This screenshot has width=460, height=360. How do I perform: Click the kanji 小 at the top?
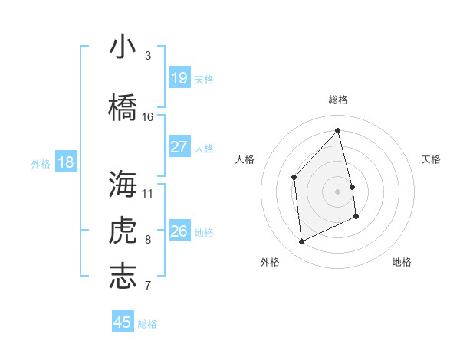pyautogui.click(x=123, y=47)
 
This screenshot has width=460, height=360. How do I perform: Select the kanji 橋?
pyautogui.click(x=123, y=107)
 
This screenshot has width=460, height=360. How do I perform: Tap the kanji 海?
pyautogui.click(x=123, y=185)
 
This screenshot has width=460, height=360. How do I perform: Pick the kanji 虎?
pyautogui.click(x=123, y=231)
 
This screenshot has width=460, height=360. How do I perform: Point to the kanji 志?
pyautogui.click(x=123, y=277)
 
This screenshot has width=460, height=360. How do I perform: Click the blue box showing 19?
pyautogui.click(x=179, y=77)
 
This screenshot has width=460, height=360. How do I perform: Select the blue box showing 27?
pyautogui.click(x=179, y=147)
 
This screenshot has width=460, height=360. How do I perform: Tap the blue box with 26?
pyautogui.click(x=179, y=231)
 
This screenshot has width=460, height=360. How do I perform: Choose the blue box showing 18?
pyautogui.click(x=66, y=162)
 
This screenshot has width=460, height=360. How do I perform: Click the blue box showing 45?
pyautogui.click(x=123, y=322)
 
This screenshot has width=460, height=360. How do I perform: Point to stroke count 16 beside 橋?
pyautogui.click(x=148, y=117)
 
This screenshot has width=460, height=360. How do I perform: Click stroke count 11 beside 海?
pyautogui.click(x=148, y=193)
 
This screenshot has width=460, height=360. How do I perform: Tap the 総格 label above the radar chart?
pyautogui.click(x=337, y=100)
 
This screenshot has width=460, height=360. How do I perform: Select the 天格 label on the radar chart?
pyautogui.click(x=432, y=159)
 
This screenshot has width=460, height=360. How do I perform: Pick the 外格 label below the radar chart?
pyautogui.click(x=270, y=262)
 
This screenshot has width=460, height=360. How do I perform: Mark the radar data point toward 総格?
pyautogui.click(x=337, y=130)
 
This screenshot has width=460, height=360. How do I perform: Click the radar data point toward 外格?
pyautogui.click(x=301, y=241)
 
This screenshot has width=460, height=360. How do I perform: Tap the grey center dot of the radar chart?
pyautogui.click(x=337, y=191)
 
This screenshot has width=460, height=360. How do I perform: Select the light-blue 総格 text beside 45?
pyautogui.click(x=147, y=324)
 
